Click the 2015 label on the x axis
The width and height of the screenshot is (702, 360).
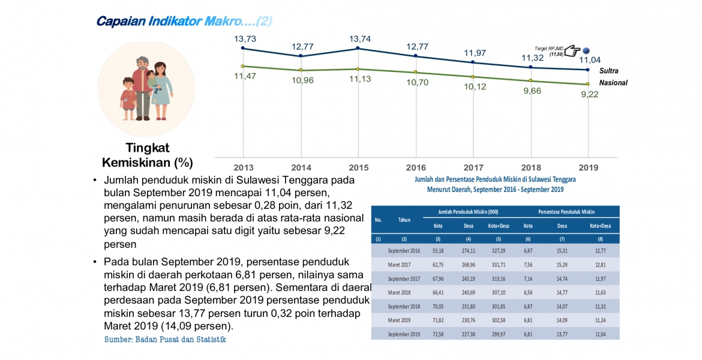click(x=358, y=167)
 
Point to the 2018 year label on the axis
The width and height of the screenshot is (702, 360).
click(x=531, y=167)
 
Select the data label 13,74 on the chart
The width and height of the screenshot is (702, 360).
click(x=358, y=38)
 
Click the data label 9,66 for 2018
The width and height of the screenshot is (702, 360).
click(x=532, y=91)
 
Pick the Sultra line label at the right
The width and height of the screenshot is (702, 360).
click(x=608, y=71)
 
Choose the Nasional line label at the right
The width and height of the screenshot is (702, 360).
click(x=613, y=83)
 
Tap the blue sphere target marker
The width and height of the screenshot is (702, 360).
click(x=587, y=51)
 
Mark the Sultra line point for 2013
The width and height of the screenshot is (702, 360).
click(x=242, y=48)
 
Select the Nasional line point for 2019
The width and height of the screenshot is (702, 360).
click(x=588, y=84)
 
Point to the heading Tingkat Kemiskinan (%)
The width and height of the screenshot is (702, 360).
click(x=148, y=155)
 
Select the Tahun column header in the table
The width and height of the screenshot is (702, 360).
click(x=404, y=220)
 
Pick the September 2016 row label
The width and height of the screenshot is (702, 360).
click(x=404, y=250)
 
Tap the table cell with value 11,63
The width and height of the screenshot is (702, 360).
click(x=599, y=292)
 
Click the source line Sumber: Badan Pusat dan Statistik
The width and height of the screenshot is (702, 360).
click(x=166, y=340)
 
